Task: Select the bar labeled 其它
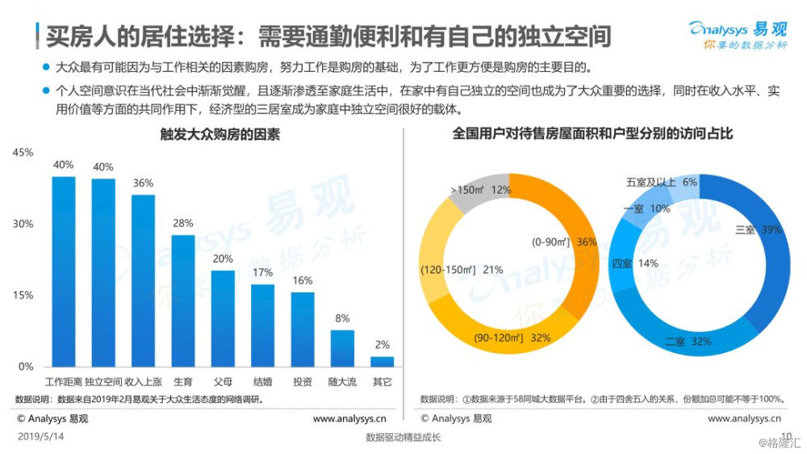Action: pos(383,362)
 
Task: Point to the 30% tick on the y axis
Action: pos(23,224)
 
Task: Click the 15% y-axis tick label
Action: pos(23,296)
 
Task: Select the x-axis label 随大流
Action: pos(342,380)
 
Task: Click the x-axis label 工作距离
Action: pos(64,380)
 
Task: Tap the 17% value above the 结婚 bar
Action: pos(263,273)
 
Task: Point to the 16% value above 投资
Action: pos(303,280)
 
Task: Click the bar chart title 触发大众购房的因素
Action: pos(208,135)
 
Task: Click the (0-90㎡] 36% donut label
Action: pos(564,242)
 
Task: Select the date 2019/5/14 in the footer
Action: pos(40,437)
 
